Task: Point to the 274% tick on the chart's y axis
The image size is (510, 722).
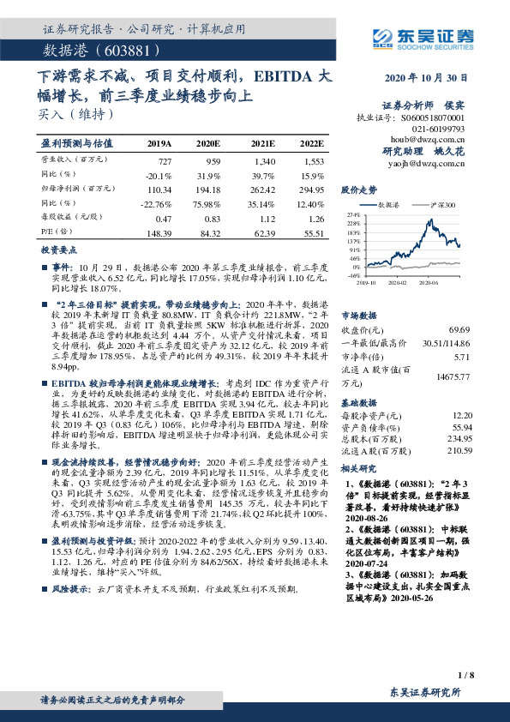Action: click(x=352, y=215)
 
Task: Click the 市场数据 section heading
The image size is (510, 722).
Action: click(x=361, y=315)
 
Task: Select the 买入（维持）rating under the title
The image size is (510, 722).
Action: click(x=69, y=111)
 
